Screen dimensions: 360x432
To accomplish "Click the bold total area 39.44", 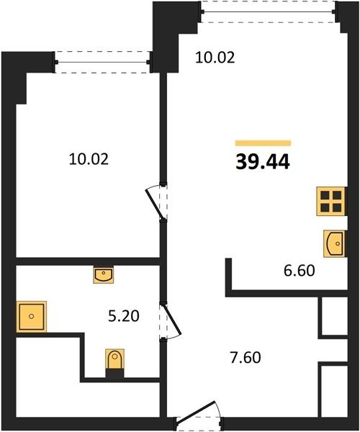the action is (263, 162).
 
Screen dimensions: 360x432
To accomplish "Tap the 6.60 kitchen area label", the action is (299, 270).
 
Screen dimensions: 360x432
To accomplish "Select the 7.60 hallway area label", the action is (245, 358).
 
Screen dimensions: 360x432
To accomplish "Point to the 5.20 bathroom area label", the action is (124, 316).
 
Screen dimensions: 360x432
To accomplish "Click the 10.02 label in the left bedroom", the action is (89, 159).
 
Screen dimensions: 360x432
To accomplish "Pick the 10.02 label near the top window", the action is (215, 58).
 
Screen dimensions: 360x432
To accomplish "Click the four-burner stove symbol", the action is (331, 201).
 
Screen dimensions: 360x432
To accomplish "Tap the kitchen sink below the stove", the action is (334, 243).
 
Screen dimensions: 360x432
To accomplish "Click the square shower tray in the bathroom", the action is (32, 316).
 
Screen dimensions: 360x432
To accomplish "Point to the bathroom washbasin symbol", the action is (103, 274).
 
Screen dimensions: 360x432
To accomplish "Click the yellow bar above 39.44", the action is (263, 143).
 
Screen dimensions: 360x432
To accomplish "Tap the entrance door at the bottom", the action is (198, 417).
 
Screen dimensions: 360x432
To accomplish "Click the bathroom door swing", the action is (170, 321).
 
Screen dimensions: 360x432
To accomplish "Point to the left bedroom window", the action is (102, 62).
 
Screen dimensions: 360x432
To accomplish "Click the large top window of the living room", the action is (268, 12).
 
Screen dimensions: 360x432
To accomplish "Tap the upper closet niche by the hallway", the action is (334, 316).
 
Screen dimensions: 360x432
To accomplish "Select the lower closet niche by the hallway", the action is (334, 391).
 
